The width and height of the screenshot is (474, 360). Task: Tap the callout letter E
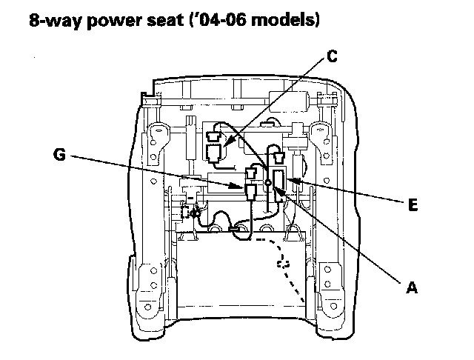[413, 207]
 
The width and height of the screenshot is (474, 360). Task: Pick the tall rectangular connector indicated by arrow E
[280, 180]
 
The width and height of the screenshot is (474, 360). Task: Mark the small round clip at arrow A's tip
[267, 184]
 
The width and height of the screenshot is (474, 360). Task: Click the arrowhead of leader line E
[291, 179]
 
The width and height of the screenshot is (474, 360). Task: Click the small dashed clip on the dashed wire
[281, 263]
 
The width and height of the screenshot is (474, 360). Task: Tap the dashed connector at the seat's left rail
[196, 215]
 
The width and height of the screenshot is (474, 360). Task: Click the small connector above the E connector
[279, 158]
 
